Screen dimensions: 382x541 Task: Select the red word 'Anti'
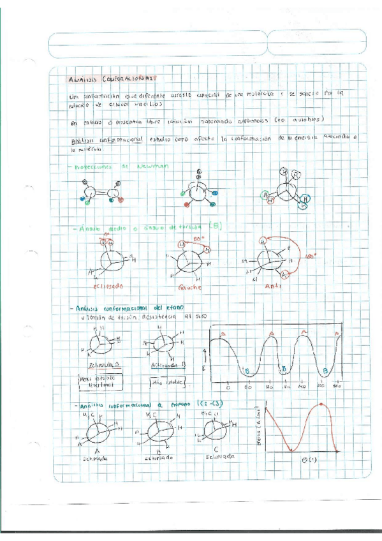click(x=272, y=286)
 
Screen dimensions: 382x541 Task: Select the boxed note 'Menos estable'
click(x=106, y=381)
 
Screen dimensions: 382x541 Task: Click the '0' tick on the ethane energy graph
click(x=228, y=387)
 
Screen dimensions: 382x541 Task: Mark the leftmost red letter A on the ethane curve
click(x=223, y=333)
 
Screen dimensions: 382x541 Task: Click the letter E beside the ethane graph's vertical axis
click(x=205, y=369)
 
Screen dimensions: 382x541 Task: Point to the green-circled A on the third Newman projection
click(x=264, y=195)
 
